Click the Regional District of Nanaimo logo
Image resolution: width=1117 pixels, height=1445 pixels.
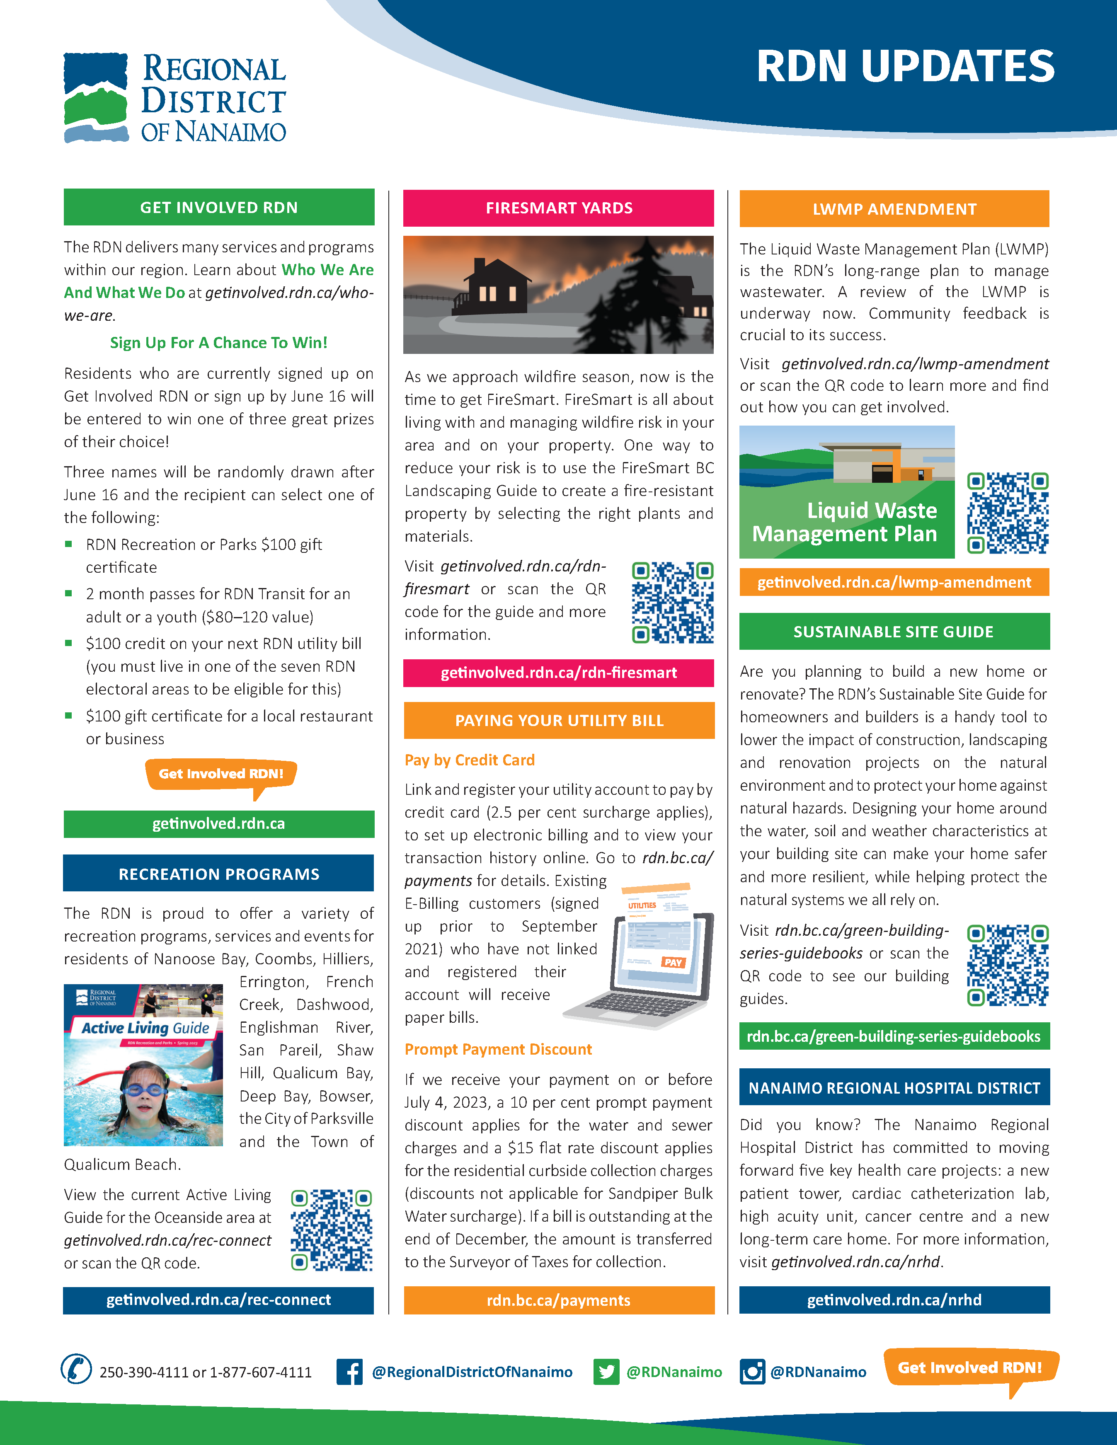(x=174, y=98)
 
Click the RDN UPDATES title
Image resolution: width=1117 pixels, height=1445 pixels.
(x=905, y=67)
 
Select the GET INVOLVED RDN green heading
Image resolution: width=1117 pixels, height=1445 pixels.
(x=219, y=207)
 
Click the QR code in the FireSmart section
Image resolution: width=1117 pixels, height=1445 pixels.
(x=672, y=602)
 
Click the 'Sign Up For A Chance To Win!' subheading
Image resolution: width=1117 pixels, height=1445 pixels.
(x=218, y=343)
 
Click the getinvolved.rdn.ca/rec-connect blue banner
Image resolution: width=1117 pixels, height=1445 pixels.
(x=218, y=1300)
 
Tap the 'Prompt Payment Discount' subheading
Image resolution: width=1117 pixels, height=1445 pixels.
(x=498, y=1049)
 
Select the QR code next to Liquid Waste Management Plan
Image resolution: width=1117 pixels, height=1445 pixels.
(x=1007, y=513)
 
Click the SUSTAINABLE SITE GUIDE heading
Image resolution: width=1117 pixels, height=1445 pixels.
(x=893, y=632)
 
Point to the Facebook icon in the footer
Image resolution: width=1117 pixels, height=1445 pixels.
(x=349, y=1372)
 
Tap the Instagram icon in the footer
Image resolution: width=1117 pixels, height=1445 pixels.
(x=752, y=1372)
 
